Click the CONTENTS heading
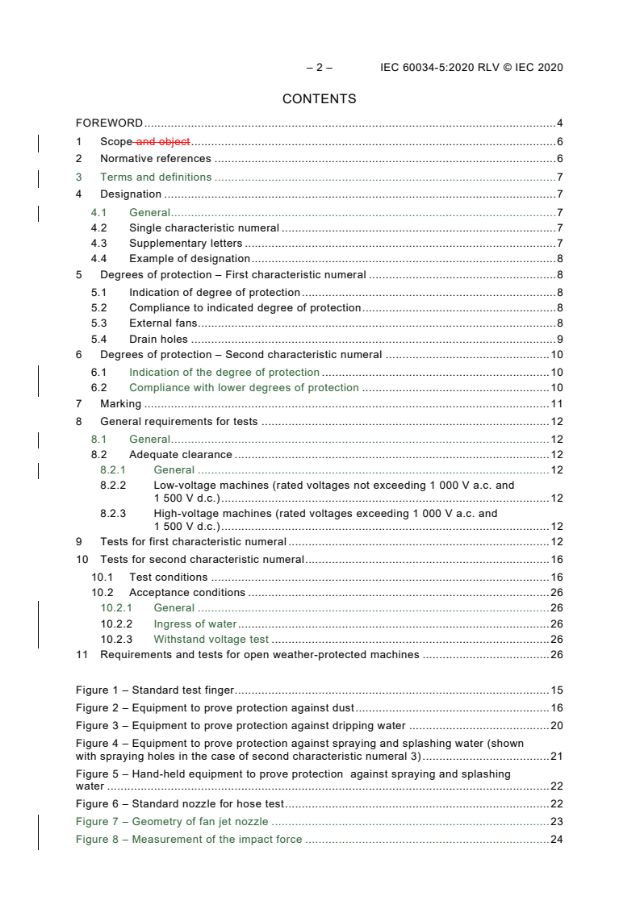pos(319,99)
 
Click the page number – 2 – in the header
pos(319,68)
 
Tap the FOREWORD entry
pos(109,123)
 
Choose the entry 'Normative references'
pos(155,159)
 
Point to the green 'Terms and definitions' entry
pos(156,177)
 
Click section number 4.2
pos(98,228)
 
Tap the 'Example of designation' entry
pos(189,259)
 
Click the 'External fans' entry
pos(163,323)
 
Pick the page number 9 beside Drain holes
pos(559,340)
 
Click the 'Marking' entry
pos(120,404)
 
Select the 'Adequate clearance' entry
pos(181,455)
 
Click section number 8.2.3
pos(113,513)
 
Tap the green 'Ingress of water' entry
pos(195,623)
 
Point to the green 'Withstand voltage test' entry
pos(211,639)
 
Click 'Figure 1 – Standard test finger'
pos(154,690)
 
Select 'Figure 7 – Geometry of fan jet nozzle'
pos(172,822)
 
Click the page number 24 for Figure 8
pos(556,840)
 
